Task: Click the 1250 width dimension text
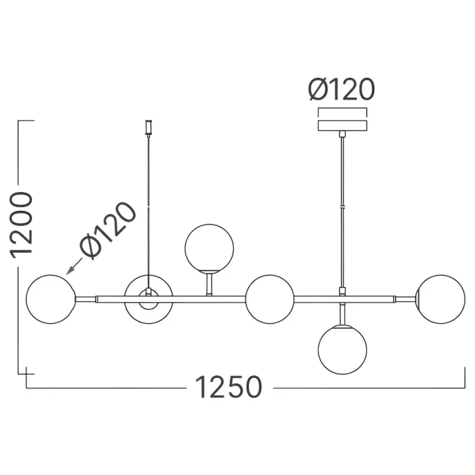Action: click(229, 387)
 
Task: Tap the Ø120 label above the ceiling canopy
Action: click(341, 89)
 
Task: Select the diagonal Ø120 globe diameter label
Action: click(108, 231)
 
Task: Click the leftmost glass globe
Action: click(51, 300)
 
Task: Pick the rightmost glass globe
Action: click(440, 300)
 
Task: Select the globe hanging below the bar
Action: click(342, 350)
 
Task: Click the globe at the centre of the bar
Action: click(270, 300)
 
